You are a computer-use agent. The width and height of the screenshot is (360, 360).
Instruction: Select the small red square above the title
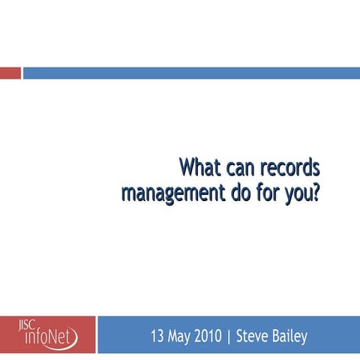[x=10, y=73]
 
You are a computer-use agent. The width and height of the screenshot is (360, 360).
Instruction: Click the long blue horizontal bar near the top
[x=191, y=73]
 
